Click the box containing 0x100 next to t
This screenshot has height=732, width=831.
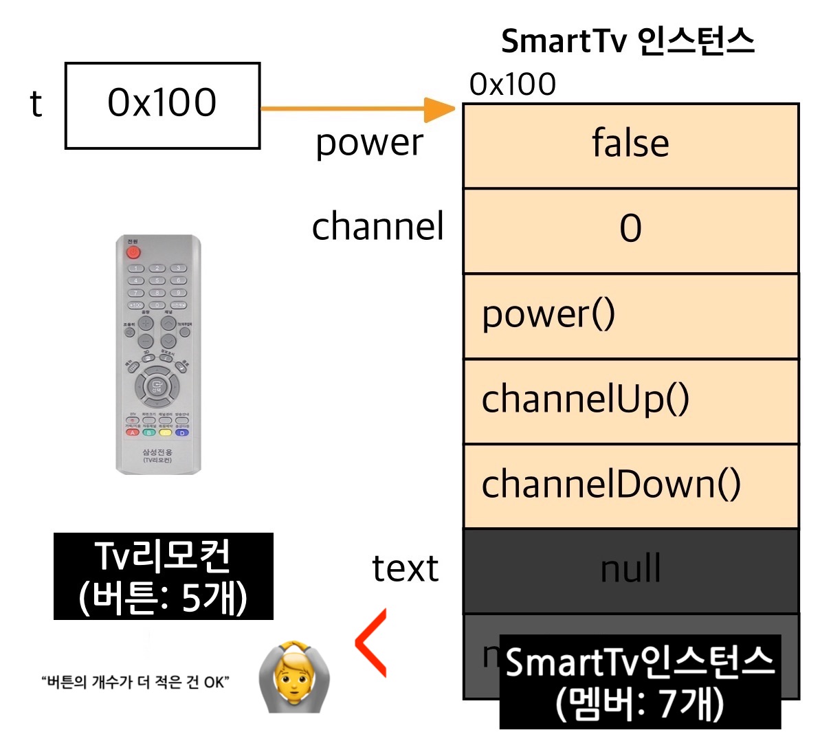162,106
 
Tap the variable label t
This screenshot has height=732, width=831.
36,104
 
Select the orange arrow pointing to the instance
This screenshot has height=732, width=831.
357,109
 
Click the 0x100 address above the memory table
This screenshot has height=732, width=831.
512,85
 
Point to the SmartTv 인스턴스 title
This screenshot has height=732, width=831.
628,41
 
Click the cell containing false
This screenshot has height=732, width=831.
630,145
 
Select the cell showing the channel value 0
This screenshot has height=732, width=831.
630,230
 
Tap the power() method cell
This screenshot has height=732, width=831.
630,315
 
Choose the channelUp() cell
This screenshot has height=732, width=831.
630,401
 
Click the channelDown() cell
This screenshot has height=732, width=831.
630,486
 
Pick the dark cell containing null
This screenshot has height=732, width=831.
630,570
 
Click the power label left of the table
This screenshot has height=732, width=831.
369,143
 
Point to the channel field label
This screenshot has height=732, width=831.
377,227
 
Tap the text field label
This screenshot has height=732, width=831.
405,568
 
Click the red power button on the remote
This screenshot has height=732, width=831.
133,252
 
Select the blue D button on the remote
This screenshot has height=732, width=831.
182,432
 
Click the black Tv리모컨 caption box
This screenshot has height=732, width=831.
163,576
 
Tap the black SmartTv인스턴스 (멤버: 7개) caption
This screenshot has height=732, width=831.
640,681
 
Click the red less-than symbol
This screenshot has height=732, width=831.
371,642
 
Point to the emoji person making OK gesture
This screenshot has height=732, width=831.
294,676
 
